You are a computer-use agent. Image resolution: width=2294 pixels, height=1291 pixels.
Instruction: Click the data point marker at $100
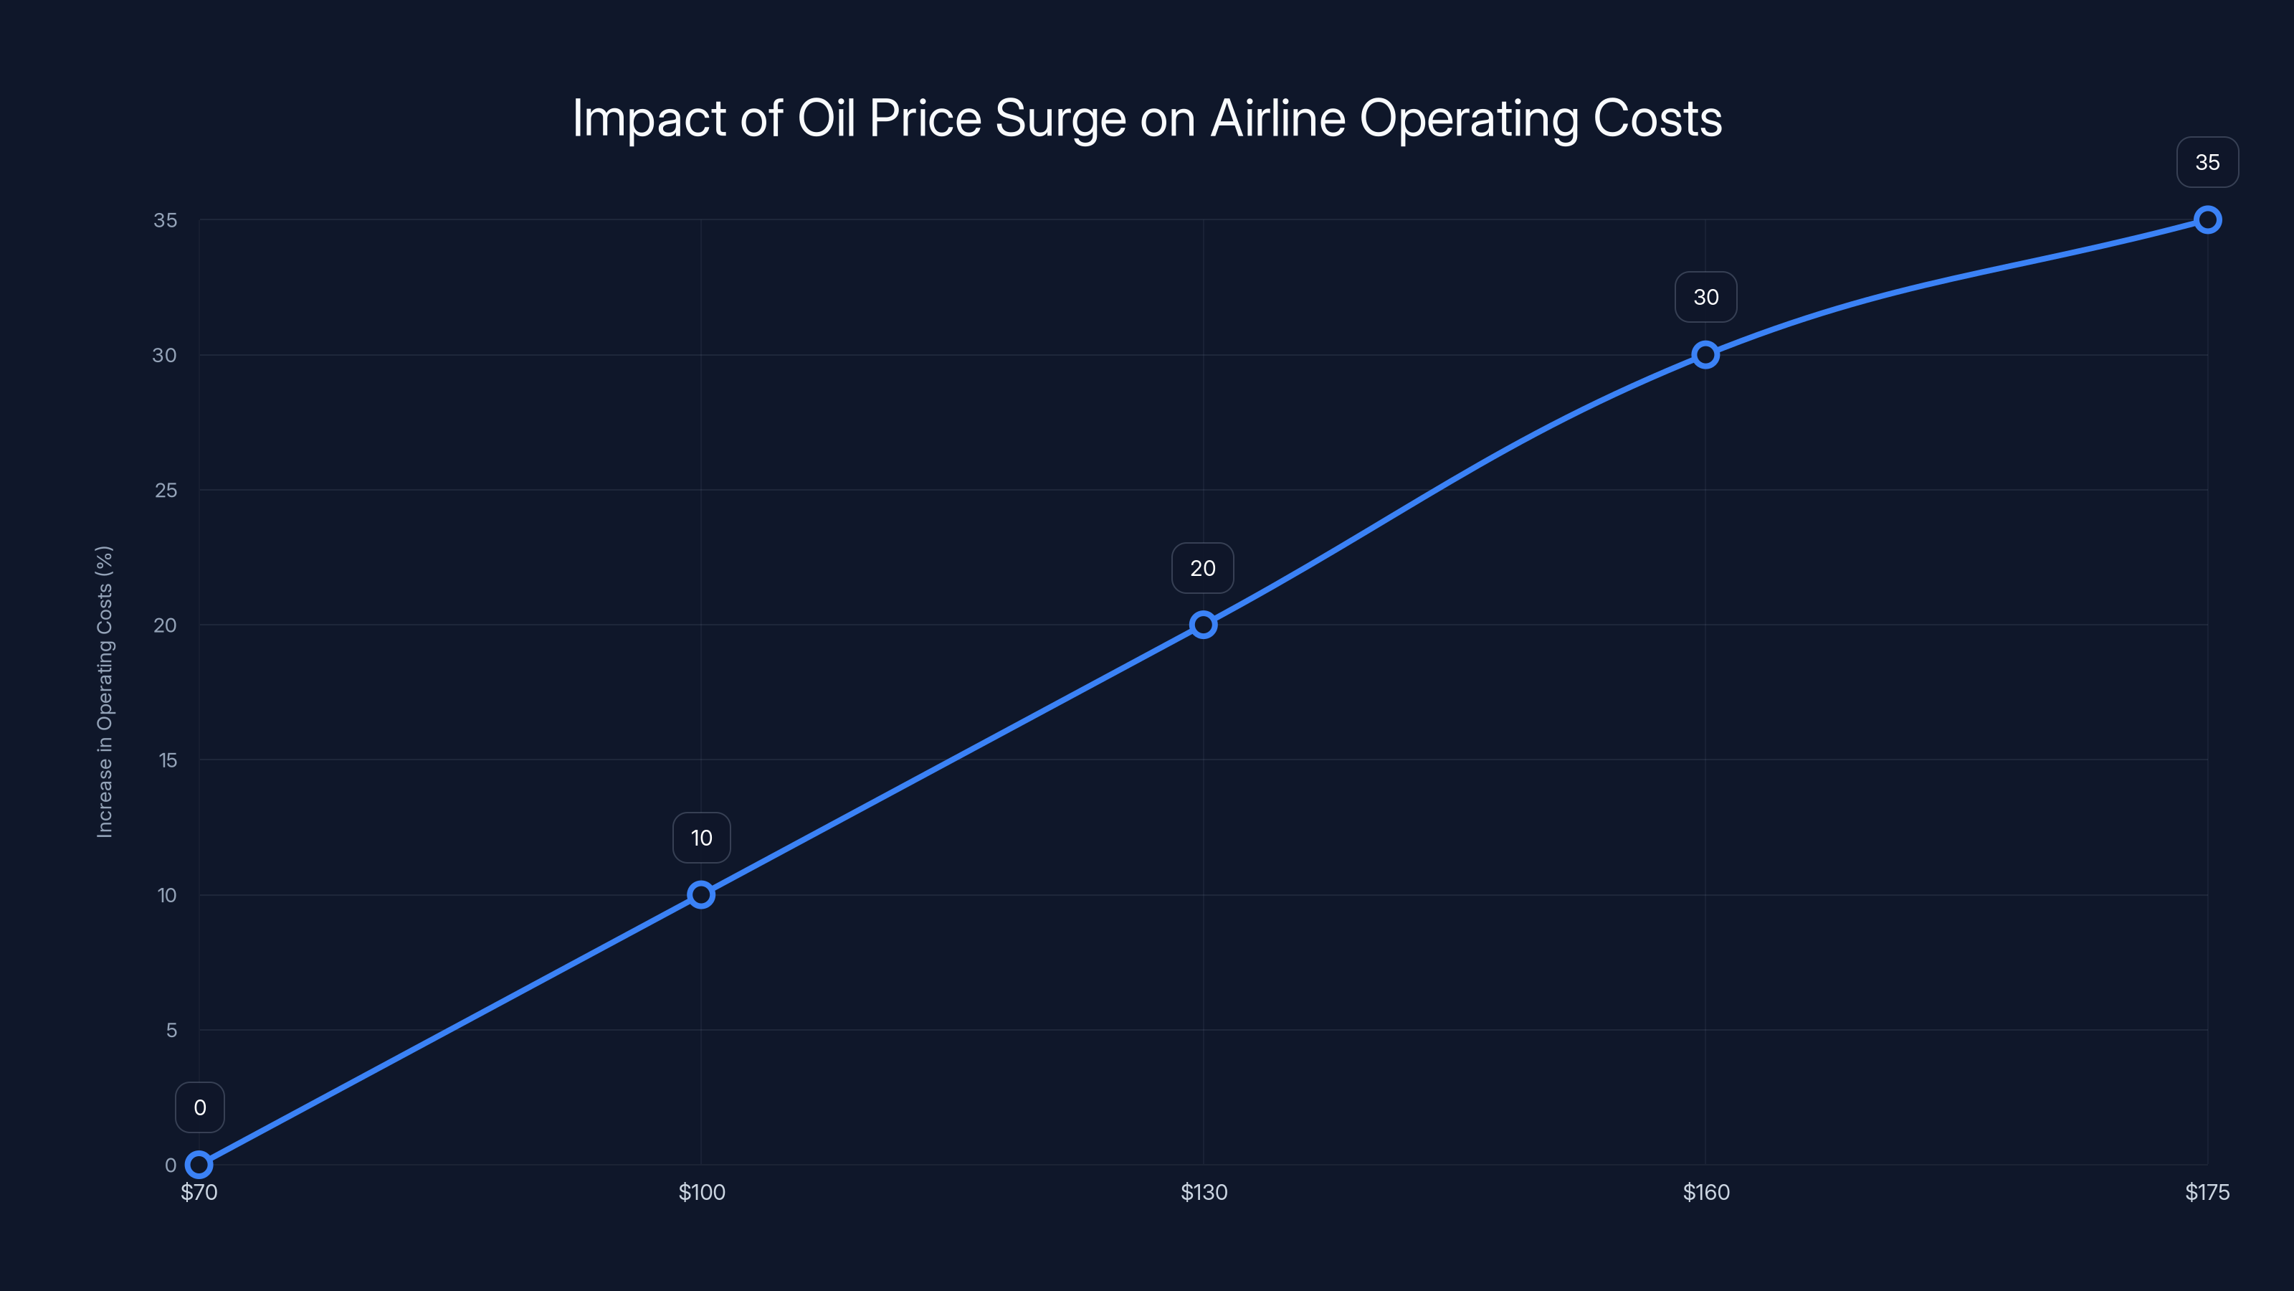pos(701,894)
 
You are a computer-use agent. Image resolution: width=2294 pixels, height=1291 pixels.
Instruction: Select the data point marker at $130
pos(1203,625)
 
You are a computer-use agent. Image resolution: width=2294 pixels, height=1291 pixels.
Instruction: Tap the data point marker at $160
pos(1705,354)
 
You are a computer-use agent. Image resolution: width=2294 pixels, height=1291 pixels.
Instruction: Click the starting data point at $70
pos(199,1165)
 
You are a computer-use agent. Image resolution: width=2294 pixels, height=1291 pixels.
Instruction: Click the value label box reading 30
pos(1705,297)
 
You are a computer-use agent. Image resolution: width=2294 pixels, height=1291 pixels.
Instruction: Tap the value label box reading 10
pos(701,838)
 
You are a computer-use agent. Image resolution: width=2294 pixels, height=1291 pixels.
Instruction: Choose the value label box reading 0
pos(199,1107)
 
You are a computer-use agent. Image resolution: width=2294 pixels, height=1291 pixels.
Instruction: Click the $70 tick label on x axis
pos(199,1192)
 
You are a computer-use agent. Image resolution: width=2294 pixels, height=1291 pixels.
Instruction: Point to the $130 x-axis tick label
pos(1203,1192)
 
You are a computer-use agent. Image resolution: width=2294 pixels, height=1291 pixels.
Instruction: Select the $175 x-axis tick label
pos(2207,1192)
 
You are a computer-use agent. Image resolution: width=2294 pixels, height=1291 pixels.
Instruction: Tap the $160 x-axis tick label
pos(1705,1192)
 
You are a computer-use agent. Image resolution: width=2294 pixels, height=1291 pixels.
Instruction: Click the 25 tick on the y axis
pos(166,490)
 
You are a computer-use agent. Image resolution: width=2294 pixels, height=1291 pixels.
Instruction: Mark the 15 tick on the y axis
pos(168,760)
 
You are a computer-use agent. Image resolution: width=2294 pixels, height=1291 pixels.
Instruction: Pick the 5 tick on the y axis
pos(171,1030)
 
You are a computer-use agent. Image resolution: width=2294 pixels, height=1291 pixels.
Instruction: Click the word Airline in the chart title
pos(1278,118)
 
